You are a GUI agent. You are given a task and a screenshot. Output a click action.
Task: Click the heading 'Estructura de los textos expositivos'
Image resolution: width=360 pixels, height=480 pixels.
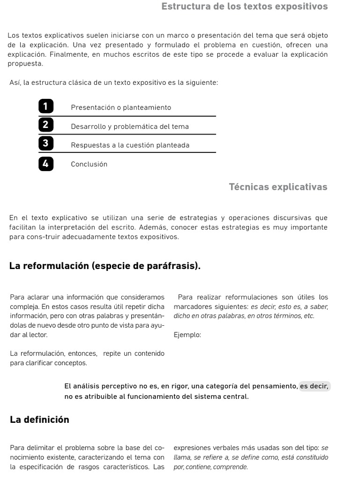click(x=244, y=7)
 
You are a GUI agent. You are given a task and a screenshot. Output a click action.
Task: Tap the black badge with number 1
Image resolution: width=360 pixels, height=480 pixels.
click(x=46, y=107)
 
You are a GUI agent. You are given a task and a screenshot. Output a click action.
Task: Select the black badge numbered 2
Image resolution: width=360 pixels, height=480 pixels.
click(x=46, y=125)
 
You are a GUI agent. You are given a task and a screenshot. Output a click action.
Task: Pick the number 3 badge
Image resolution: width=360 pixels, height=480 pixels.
click(x=46, y=143)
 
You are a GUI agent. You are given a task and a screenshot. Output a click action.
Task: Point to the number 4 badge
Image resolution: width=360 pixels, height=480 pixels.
click(x=46, y=164)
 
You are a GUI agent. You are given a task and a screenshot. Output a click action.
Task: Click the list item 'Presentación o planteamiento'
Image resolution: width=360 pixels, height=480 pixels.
click(x=121, y=107)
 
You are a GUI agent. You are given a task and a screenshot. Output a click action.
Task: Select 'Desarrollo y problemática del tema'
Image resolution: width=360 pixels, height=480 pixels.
click(x=130, y=127)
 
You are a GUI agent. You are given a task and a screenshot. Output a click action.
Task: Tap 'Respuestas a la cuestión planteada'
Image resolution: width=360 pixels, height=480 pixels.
click(x=130, y=145)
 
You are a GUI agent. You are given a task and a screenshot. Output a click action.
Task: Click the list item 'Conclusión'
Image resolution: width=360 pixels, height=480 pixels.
click(x=89, y=164)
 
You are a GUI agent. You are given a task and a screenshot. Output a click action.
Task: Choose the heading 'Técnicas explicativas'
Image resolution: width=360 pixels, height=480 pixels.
click(x=278, y=187)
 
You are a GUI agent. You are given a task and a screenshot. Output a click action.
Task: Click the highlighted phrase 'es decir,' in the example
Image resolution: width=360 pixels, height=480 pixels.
click(x=315, y=386)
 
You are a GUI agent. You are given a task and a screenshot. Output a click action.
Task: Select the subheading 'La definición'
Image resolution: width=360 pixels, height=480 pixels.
click(x=39, y=420)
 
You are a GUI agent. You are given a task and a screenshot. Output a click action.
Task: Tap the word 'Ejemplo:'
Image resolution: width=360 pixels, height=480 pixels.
click(x=187, y=335)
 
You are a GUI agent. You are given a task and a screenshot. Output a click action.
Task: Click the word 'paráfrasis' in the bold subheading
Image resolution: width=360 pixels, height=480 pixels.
click(x=176, y=266)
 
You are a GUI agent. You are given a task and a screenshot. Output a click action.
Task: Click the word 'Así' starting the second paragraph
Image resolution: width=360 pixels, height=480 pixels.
click(x=15, y=82)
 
